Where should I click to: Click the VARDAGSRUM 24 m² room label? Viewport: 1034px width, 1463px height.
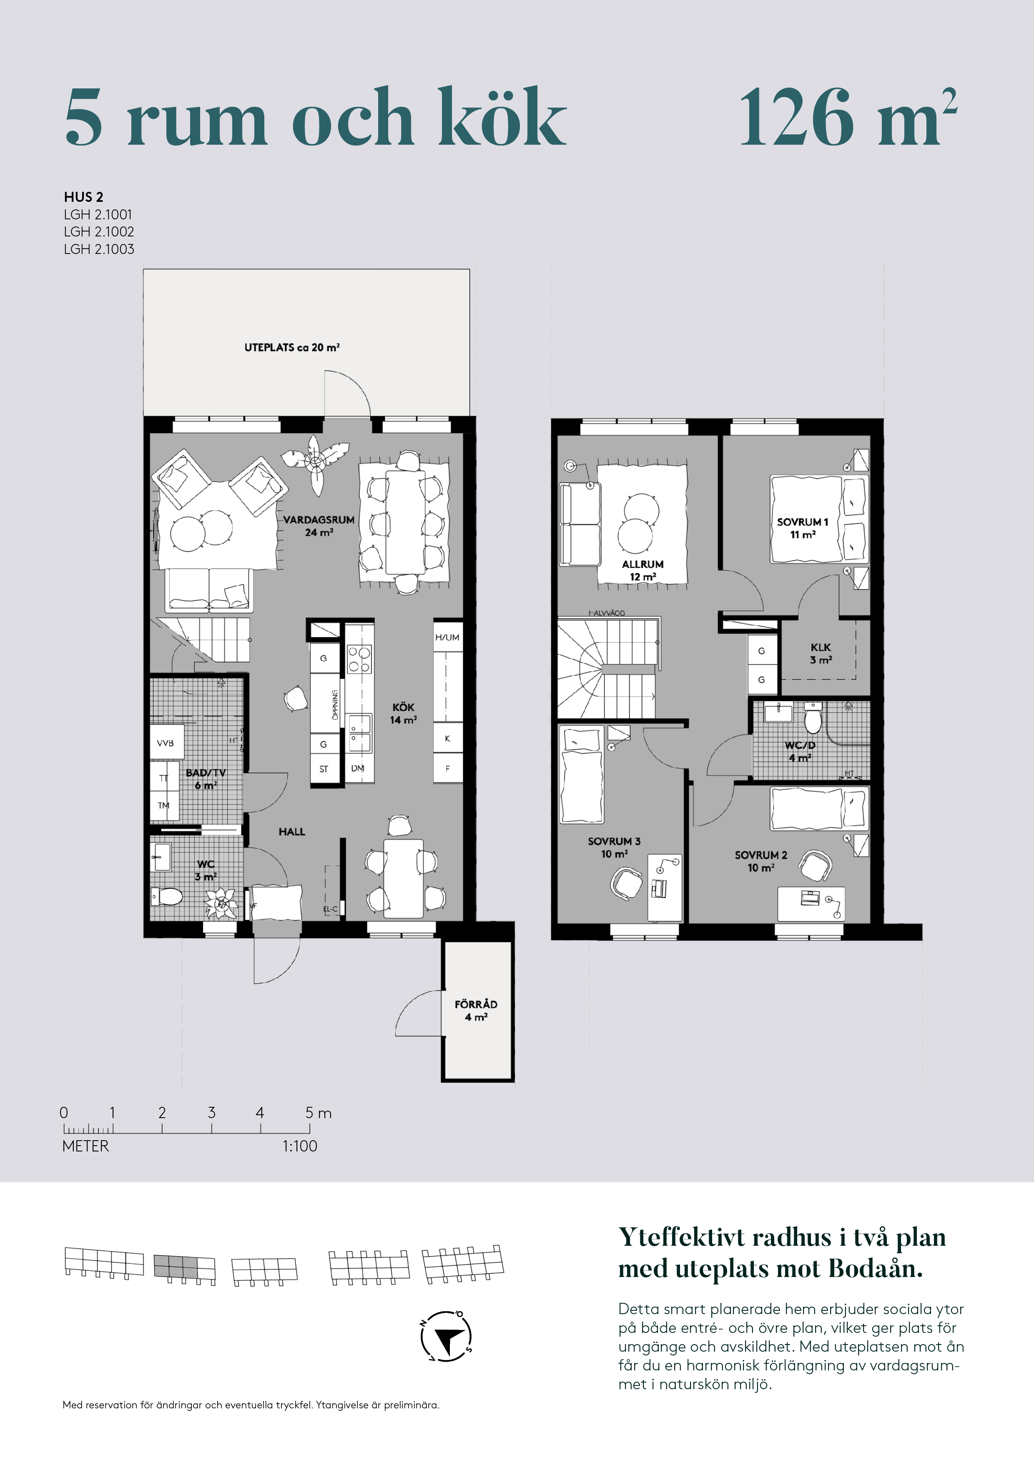[x=319, y=525]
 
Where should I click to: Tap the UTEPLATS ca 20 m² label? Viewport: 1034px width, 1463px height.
[x=292, y=347]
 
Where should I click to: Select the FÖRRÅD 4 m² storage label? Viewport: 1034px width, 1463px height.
[x=476, y=1010]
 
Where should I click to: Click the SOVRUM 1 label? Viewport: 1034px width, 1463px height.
[x=803, y=522]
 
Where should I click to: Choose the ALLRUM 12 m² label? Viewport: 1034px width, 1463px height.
[x=643, y=570]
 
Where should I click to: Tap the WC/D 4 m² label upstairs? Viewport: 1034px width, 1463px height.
[x=800, y=751]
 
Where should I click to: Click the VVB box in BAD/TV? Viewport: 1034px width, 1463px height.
[x=166, y=743]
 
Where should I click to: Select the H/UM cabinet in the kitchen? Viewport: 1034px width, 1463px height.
[x=447, y=637]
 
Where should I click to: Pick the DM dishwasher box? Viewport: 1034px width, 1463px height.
[x=358, y=769]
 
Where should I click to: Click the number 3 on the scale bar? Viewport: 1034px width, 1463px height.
[x=211, y=1113]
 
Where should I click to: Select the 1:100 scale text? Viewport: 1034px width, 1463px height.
[x=299, y=1146]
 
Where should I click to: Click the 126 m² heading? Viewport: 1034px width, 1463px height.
[x=847, y=118]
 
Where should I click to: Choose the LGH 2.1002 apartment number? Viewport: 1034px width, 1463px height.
[x=99, y=232]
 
